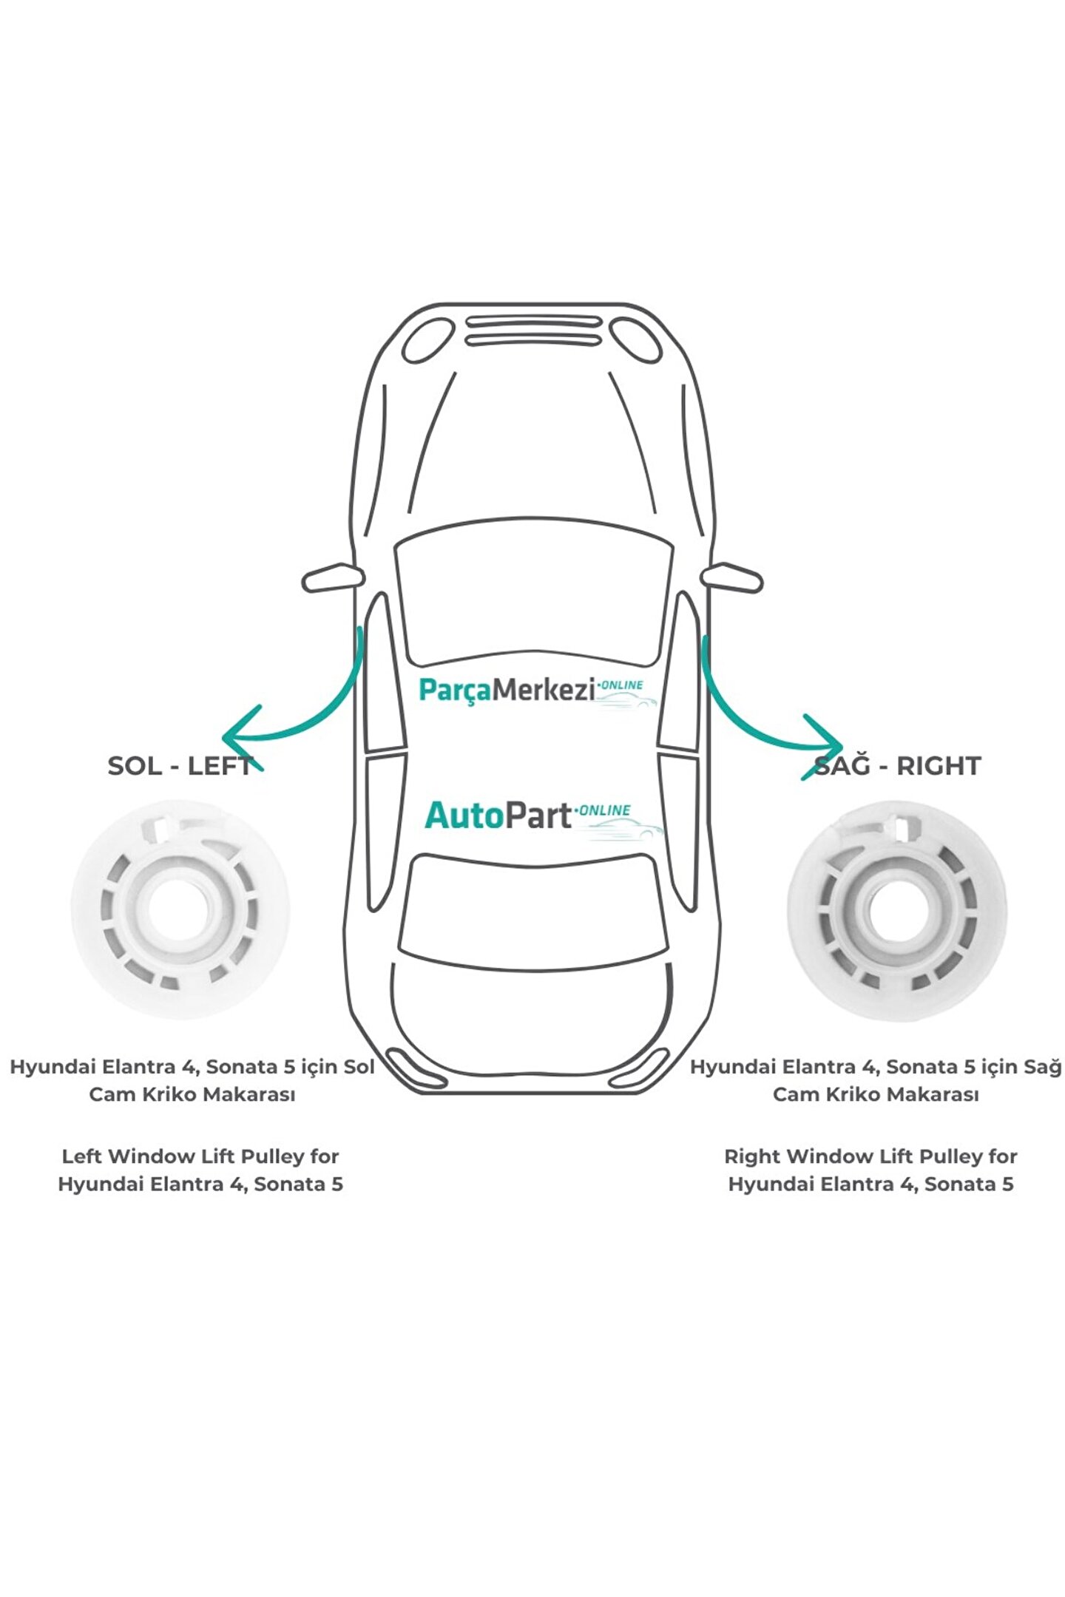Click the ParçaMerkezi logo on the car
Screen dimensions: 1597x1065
point(530,691)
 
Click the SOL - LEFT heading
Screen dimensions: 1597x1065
point(180,766)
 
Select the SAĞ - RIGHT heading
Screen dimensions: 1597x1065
point(897,766)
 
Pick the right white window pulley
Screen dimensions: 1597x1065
point(896,911)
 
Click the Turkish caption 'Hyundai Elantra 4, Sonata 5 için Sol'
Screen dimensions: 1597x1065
point(192,1068)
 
